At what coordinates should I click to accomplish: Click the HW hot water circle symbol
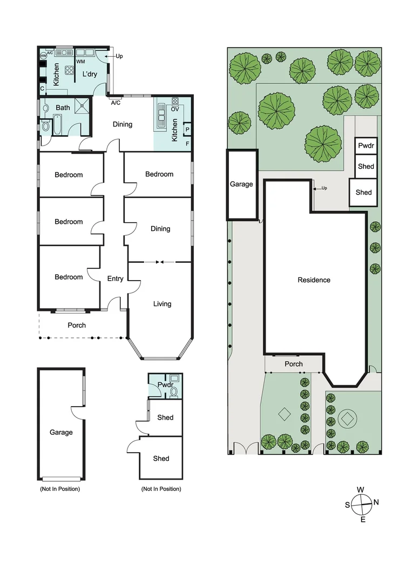(x=43, y=56)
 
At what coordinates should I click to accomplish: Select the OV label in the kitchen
(x=174, y=109)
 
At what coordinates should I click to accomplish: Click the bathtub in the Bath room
(x=46, y=127)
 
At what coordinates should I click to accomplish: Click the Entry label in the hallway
(x=115, y=279)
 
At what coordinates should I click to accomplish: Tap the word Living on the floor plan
(x=162, y=304)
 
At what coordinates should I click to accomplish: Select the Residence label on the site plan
(x=314, y=280)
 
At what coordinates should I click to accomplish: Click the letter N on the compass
(x=376, y=502)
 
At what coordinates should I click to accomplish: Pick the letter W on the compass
(x=360, y=490)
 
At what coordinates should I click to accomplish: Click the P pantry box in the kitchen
(x=187, y=130)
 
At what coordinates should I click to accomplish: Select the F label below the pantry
(x=187, y=144)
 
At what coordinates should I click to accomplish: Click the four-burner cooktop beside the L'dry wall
(x=70, y=70)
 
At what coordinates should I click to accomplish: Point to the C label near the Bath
(x=42, y=89)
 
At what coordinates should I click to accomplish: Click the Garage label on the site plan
(x=241, y=184)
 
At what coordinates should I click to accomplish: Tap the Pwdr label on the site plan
(x=366, y=146)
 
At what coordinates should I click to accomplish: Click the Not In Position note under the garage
(x=59, y=489)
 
